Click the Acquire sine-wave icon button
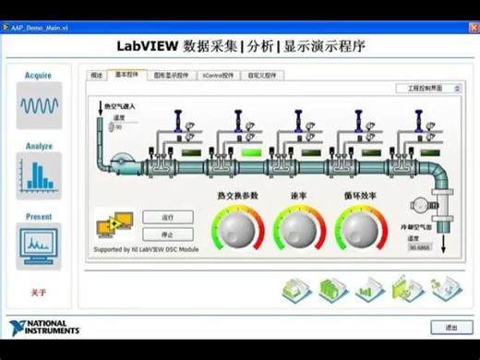(38, 104)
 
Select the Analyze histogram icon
(38, 174)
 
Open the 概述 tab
(96, 75)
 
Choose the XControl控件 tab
(218, 75)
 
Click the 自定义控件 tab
(261, 75)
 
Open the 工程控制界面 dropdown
(432, 89)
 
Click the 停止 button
(167, 234)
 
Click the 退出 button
(451, 327)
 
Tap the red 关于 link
(38, 293)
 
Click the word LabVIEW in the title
(147, 44)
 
